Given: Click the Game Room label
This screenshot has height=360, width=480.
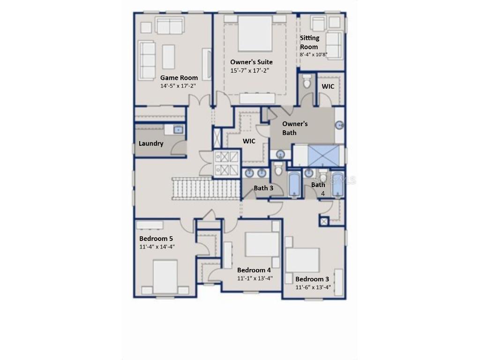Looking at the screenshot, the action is tap(179, 78).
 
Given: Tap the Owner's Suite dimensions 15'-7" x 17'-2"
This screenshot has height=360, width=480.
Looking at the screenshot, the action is tap(249, 70).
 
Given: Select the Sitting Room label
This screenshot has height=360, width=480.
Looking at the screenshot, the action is tap(309, 42).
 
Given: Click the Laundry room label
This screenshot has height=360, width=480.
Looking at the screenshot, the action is tap(151, 143).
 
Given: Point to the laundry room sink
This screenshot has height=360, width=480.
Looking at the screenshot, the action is tap(178, 129).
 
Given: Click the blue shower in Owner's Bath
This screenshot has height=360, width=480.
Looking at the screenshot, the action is tap(323, 156).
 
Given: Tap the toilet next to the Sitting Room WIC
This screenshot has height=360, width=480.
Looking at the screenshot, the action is tap(307, 81).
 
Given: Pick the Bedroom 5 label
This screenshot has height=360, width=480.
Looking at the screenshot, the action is tap(156, 239).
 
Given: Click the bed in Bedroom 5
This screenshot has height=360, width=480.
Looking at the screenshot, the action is tap(165, 277).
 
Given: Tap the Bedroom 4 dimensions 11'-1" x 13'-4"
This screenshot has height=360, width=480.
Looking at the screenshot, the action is tap(255, 278).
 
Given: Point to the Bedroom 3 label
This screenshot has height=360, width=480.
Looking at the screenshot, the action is tap(312, 279).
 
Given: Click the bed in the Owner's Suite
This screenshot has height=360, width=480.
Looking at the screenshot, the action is tap(255, 34).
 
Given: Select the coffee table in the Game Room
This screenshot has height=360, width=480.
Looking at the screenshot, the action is tap(168, 57).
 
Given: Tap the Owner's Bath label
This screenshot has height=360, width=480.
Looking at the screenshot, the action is tap(295, 128).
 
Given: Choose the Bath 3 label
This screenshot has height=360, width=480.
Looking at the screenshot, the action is tap(263, 188).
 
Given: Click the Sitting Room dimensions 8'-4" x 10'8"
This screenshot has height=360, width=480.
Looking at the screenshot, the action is tap(314, 54).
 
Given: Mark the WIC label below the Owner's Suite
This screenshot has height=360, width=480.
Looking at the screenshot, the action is tap(249, 141).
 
